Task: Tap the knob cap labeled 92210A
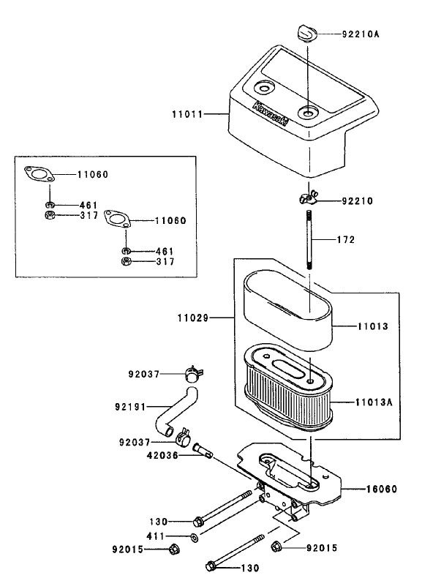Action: click(x=306, y=33)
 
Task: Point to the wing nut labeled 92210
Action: click(x=308, y=198)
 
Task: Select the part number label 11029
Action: click(x=192, y=318)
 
